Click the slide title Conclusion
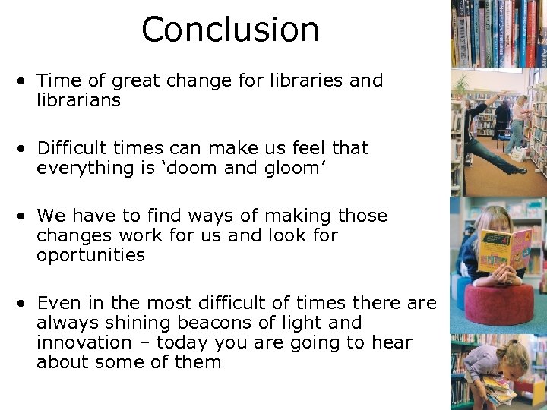coord(230,30)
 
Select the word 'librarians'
coord(78,100)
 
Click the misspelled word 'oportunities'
coord(90,255)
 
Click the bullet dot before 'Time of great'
coord(25,81)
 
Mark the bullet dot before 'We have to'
coord(25,216)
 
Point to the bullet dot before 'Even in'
coord(25,304)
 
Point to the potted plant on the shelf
coord(460,84)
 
